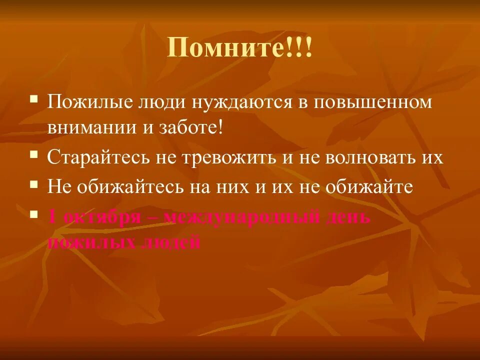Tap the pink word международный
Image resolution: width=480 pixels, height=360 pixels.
[x=241, y=217]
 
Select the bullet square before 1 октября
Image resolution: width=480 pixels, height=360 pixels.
[x=34, y=213]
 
